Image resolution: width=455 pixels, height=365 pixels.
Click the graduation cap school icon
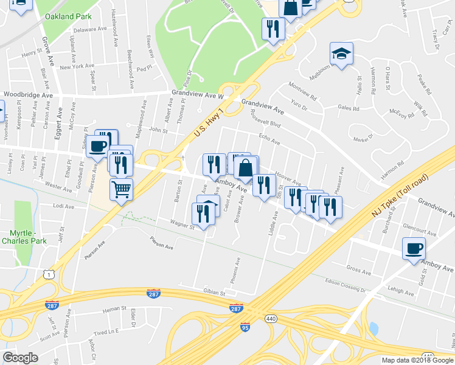coord(341,54)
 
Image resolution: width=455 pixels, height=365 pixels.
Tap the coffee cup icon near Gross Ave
coord(414,248)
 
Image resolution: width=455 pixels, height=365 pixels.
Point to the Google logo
coord(20,358)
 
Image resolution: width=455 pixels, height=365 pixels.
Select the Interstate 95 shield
coord(245,327)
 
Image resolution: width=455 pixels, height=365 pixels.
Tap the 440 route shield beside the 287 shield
coord(269,318)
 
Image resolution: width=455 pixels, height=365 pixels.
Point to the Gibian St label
coord(215,292)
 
